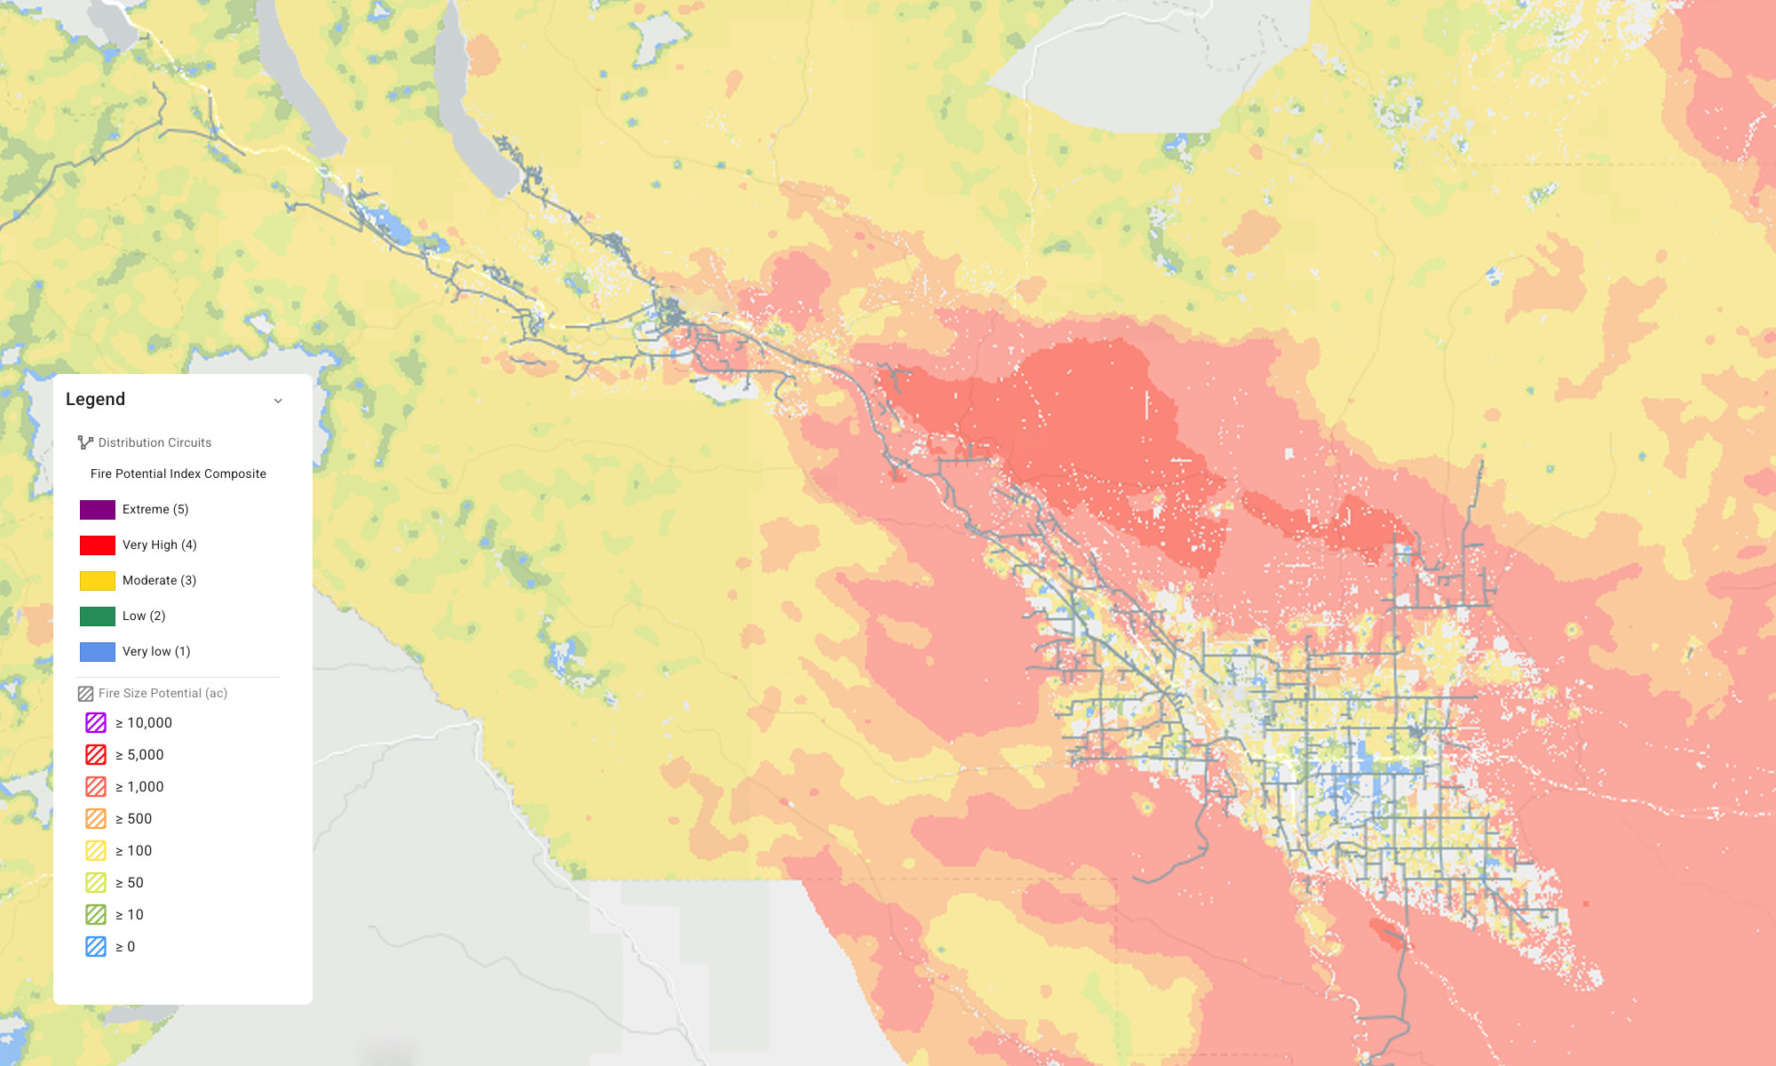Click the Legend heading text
click(95, 400)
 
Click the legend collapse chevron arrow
click(278, 401)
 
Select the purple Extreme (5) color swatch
click(98, 510)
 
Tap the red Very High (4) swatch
click(98, 545)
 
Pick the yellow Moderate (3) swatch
click(98, 581)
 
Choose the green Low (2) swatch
click(98, 617)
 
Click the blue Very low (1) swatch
click(98, 652)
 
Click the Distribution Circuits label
click(155, 442)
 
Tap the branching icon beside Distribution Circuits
click(85, 442)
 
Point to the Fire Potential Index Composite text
click(178, 474)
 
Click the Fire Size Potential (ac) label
click(163, 693)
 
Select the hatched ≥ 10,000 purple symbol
click(96, 723)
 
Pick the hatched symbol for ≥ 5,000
click(96, 755)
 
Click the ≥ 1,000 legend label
click(140, 787)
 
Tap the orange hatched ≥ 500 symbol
click(96, 819)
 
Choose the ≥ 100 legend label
click(134, 851)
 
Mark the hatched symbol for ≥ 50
click(96, 883)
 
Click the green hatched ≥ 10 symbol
click(96, 915)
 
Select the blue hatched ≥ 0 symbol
click(96, 947)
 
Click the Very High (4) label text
click(160, 545)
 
